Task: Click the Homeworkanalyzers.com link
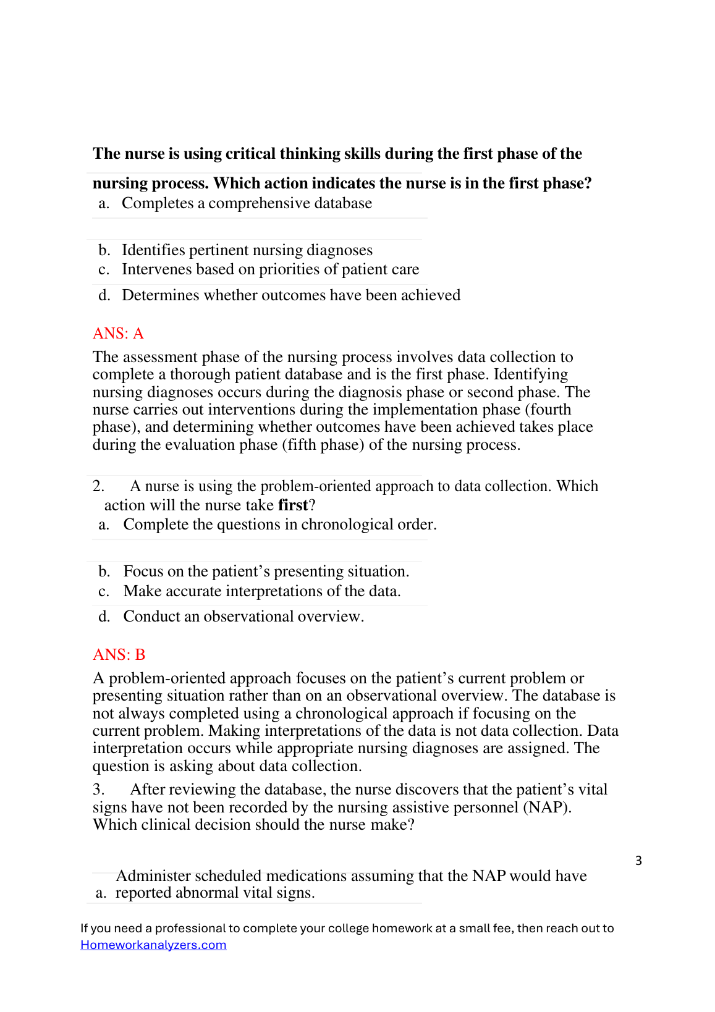[153, 945]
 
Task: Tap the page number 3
[638, 861]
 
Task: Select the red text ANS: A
[118, 334]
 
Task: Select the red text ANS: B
[119, 655]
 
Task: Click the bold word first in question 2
[292, 505]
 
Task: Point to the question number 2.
[98, 486]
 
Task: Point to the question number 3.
[98, 790]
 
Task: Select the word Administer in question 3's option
[153, 876]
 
